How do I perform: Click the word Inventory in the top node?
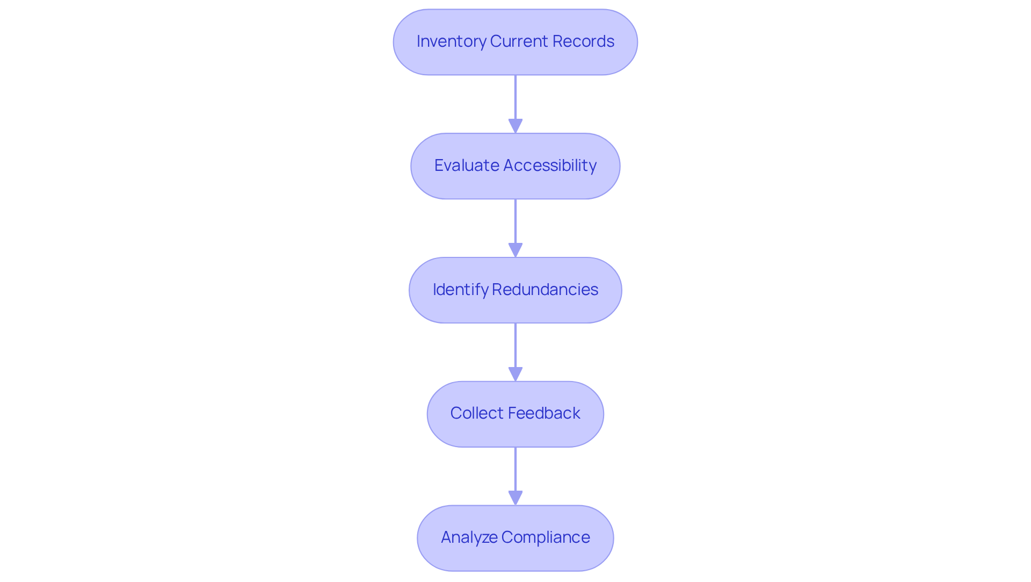pos(451,41)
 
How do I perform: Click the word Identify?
pos(460,290)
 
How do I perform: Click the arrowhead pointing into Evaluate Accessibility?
pos(515,126)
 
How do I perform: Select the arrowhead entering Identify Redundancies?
pos(515,250)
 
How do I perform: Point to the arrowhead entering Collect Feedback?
pos(515,375)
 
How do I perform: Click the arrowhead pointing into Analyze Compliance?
pos(515,498)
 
